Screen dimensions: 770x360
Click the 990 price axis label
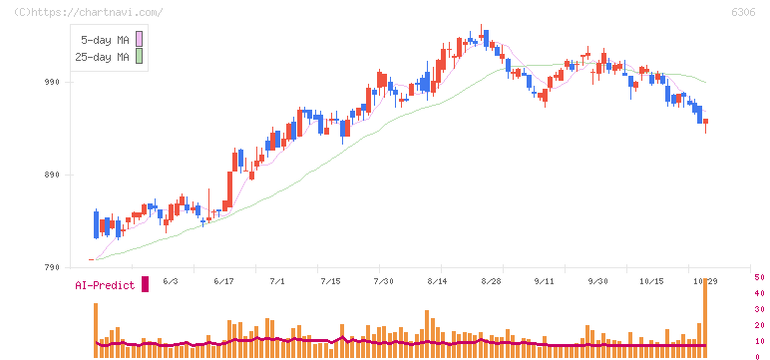53,82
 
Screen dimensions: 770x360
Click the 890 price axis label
53,175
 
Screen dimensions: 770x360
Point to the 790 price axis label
53,267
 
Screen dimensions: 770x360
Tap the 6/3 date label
170,281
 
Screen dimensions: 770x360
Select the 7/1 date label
277,281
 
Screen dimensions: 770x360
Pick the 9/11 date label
545,281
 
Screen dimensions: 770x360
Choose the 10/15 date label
652,281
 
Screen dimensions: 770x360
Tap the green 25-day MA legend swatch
139,57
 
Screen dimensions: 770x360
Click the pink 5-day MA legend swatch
139,39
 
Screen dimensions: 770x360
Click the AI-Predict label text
105,285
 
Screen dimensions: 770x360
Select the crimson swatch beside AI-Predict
145,284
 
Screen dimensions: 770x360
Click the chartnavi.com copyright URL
88,12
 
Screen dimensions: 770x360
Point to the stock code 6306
743,12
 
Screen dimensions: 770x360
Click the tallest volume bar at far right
705,318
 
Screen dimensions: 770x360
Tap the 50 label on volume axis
759,277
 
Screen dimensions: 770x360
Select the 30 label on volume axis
759,309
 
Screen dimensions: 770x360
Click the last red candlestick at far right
706,122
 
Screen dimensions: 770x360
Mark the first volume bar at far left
96,330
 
